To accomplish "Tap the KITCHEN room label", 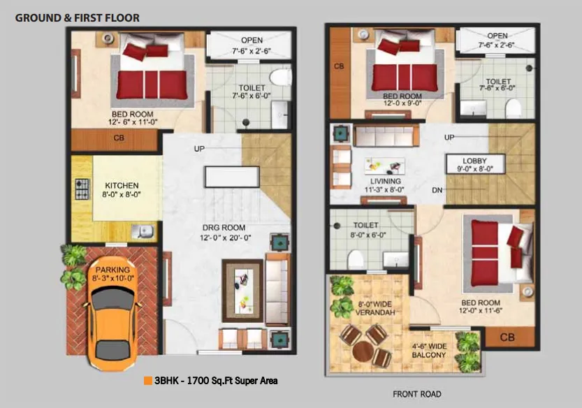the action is (122, 185).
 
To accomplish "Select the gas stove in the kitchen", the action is (82, 189).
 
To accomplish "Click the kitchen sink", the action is (143, 232).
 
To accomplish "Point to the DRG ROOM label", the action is (224, 228).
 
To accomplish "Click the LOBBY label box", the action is (475, 164).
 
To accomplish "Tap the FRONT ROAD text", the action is (417, 394).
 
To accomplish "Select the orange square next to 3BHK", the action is (148, 381).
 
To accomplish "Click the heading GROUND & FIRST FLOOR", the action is (77, 18).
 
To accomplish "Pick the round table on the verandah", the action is (363, 351).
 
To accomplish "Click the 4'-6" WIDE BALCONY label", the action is (429, 351).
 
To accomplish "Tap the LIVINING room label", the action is (385, 181).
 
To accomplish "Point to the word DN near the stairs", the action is (437, 190).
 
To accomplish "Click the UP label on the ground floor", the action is (199, 149).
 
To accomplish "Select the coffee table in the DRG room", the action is (242, 291).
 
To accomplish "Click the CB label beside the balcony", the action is (507, 337).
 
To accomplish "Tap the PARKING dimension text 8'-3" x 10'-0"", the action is (113, 279).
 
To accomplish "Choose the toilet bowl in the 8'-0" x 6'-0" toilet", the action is (356, 258).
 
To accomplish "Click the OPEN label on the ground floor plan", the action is (252, 40).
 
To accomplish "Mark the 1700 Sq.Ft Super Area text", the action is (233, 381).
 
